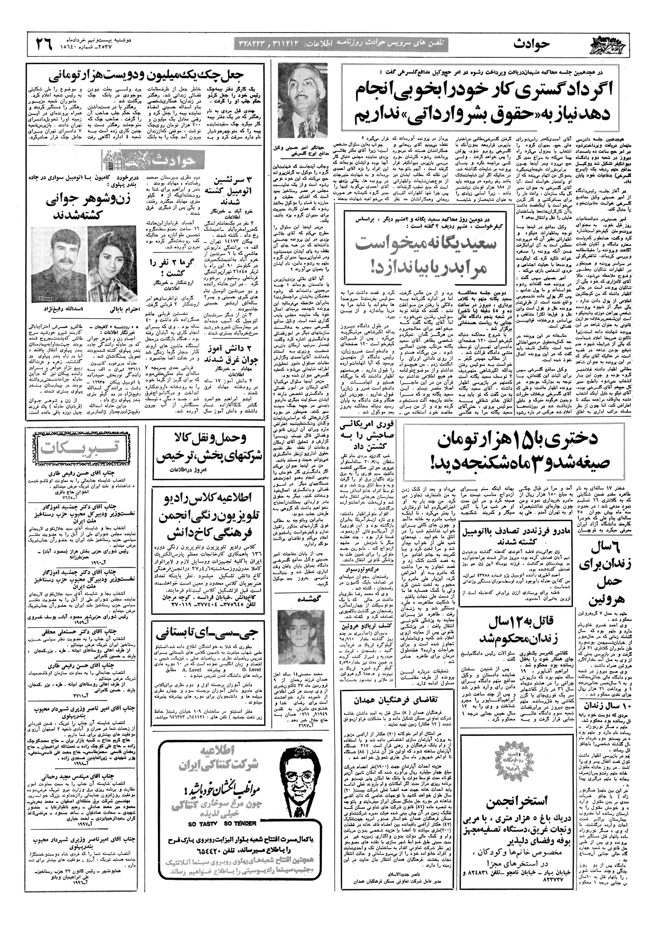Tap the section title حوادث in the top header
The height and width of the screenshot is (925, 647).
point(531,44)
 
